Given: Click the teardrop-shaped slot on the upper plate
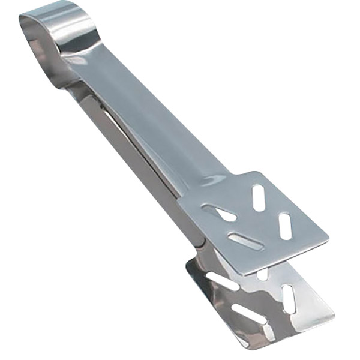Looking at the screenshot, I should [x=220, y=212].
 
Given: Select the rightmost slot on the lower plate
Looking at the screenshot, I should [x=289, y=298].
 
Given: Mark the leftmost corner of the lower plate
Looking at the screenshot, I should [x=187, y=264].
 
